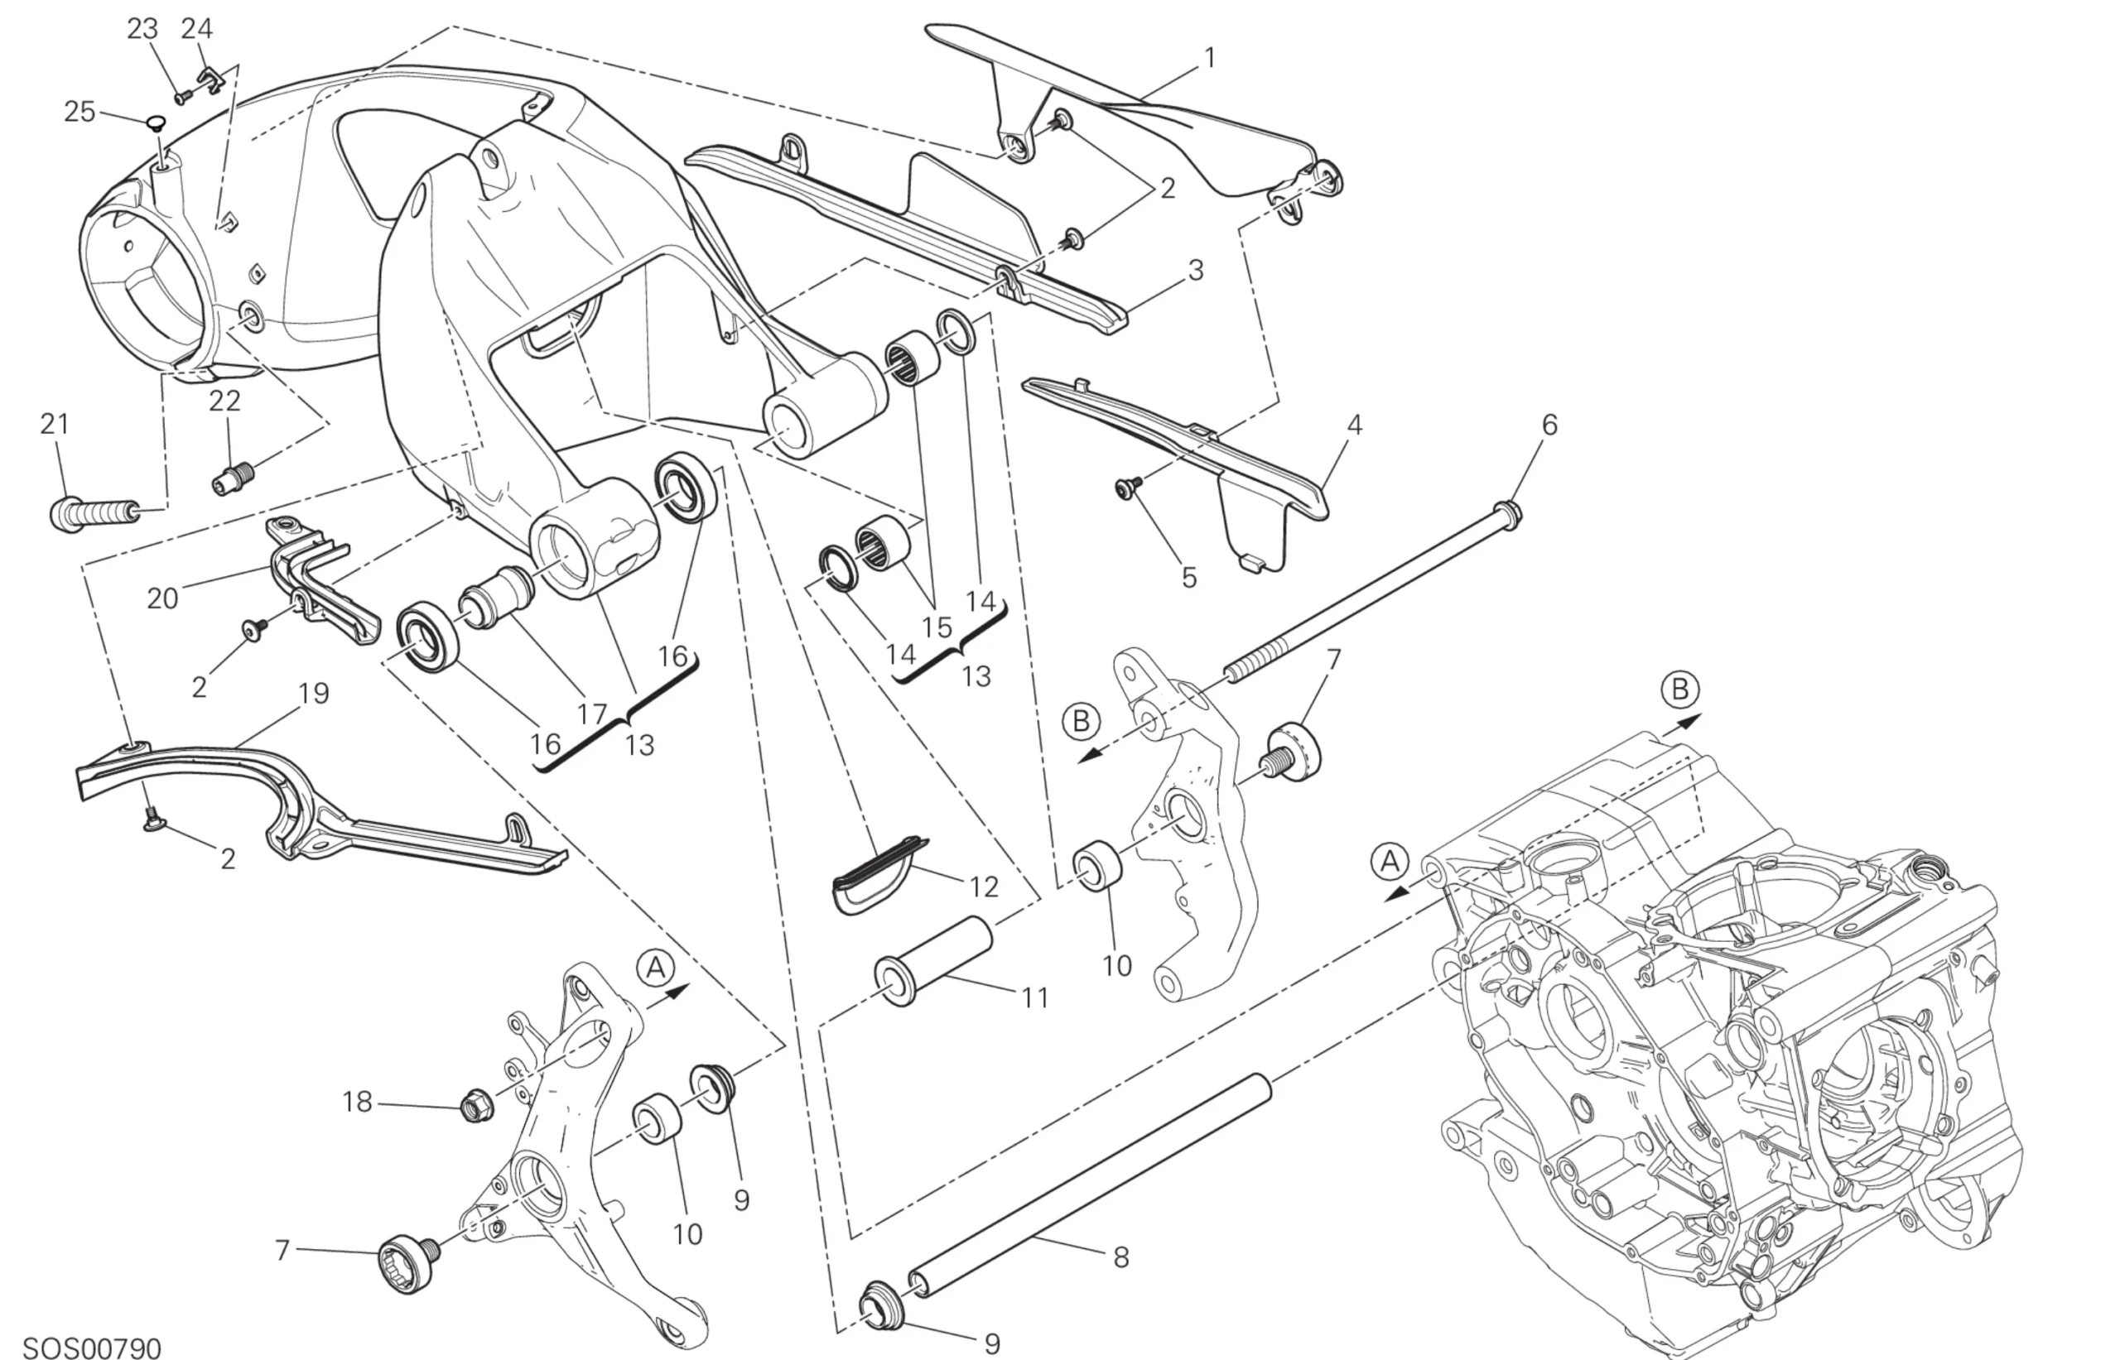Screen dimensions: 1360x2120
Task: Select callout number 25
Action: [x=79, y=112]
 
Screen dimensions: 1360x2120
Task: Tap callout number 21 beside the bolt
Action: [x=55, y=424]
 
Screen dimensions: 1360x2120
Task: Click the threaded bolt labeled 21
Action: [x=93, y=513]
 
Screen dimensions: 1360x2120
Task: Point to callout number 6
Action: [x=1549, y=425]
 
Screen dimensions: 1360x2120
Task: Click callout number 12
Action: [x=984, y=887]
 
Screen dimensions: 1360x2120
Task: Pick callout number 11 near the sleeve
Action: [x=1034, y=998]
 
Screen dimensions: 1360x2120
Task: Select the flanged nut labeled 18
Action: [x=476, y=1105]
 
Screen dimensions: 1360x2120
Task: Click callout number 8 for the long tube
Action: [x=1121, y=1257]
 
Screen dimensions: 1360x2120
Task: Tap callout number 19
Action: [x=314, y=694]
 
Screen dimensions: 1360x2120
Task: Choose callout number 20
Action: [x=162, y=598]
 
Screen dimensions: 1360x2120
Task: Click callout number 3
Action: [x=1195, y=270]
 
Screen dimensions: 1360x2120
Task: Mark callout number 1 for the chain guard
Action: [x=1209, y=58]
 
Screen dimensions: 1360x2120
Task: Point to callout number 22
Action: [x=224, y=401]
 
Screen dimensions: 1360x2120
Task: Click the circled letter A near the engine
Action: [x=1390, y=861]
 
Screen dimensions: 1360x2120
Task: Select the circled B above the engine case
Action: [x=1679, y=689]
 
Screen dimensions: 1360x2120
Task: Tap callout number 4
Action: [x=1354, y=425]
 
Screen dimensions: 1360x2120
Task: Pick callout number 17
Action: [x=592, y=714]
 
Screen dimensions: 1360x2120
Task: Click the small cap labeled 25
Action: [x=156, y=123]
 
